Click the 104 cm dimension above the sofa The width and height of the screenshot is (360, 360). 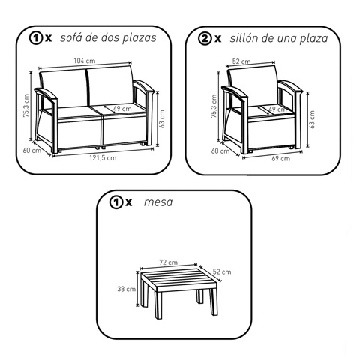click(x=85, y=61)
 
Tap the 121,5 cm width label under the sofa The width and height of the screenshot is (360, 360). click(x=103, y=158)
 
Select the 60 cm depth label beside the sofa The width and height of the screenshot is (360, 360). click(x=32, y=151)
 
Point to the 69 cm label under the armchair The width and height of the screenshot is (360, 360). click(x=281, y=159)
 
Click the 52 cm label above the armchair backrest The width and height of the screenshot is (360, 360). click(x=241, y=61)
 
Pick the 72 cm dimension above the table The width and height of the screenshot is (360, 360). click(x=169, y=262)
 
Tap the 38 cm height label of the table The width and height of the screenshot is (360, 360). click(x=127, y=289)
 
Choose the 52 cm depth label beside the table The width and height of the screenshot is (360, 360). click(x=222, y=271)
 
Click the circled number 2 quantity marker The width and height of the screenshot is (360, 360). click(x=205, y=39)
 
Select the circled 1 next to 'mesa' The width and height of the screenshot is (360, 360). click(x=116, y=202)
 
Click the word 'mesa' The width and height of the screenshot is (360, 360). click(x=158, y=202)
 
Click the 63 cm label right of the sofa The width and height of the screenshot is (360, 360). click(x=162, y=119)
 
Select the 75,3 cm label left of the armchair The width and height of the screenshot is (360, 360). click(x=214, y=106)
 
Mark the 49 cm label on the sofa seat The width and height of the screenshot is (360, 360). click(x=122, y=109)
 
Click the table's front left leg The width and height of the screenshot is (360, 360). click(x=158, y=305)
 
